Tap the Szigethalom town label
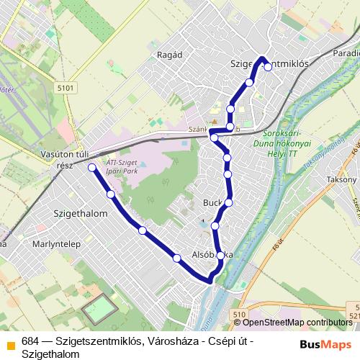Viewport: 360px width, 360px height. click(81, 214)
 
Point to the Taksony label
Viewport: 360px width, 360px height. click(341, 179)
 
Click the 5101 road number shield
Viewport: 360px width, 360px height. click(65, 88)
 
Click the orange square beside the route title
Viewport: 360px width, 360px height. click(10, 343)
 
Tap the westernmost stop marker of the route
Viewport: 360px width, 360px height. click(91, 168)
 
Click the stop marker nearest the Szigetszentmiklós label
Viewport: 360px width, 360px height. click(267, 67)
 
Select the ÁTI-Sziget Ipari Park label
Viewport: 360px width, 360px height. click(120, 167)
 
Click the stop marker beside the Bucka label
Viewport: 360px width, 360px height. click(228, 202)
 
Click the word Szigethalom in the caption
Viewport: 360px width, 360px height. click(50, 354)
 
